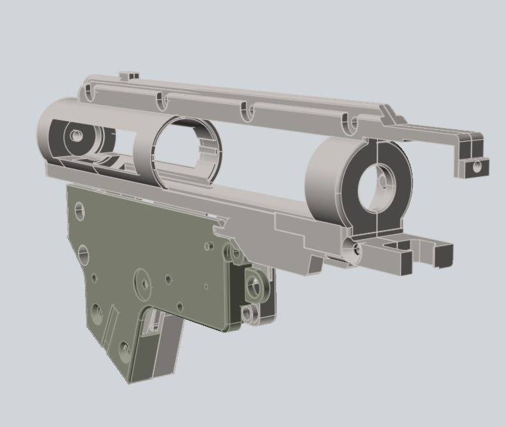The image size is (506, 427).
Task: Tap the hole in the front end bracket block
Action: (x=476, y=166)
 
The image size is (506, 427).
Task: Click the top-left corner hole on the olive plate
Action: (x=79, y=209)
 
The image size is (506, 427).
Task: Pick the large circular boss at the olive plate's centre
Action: (x=143, y=282)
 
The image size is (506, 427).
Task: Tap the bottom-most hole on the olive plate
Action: (x=124, y=349)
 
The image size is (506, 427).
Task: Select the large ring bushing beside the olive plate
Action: (x=256, y=283)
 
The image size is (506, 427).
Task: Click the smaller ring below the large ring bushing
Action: (x=247, y=314)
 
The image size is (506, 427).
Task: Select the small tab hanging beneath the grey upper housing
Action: (x=313, y=264)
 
